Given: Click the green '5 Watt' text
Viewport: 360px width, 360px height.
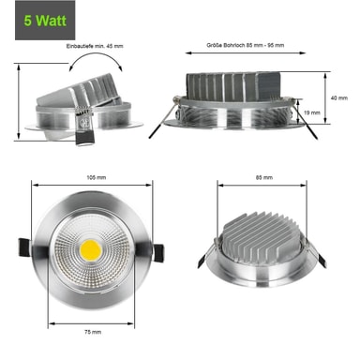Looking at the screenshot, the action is pos(45,21).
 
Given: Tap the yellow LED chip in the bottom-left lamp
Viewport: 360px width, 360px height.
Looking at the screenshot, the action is pos(91,250).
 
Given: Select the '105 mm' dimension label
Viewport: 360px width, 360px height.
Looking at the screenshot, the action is pos(96,177).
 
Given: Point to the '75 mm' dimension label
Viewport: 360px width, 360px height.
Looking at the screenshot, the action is pos(93,332).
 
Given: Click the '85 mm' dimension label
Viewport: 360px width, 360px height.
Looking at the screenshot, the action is pos(264,177).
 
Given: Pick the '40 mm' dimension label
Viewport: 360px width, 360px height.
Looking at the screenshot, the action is pos(339,98).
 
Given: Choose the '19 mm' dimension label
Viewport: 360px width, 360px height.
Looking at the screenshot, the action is pos(312,112).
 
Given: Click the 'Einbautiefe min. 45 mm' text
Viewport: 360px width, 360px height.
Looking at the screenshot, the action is pos(95,46).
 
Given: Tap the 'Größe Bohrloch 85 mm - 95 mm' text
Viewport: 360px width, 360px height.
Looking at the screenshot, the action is pos(246,45).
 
